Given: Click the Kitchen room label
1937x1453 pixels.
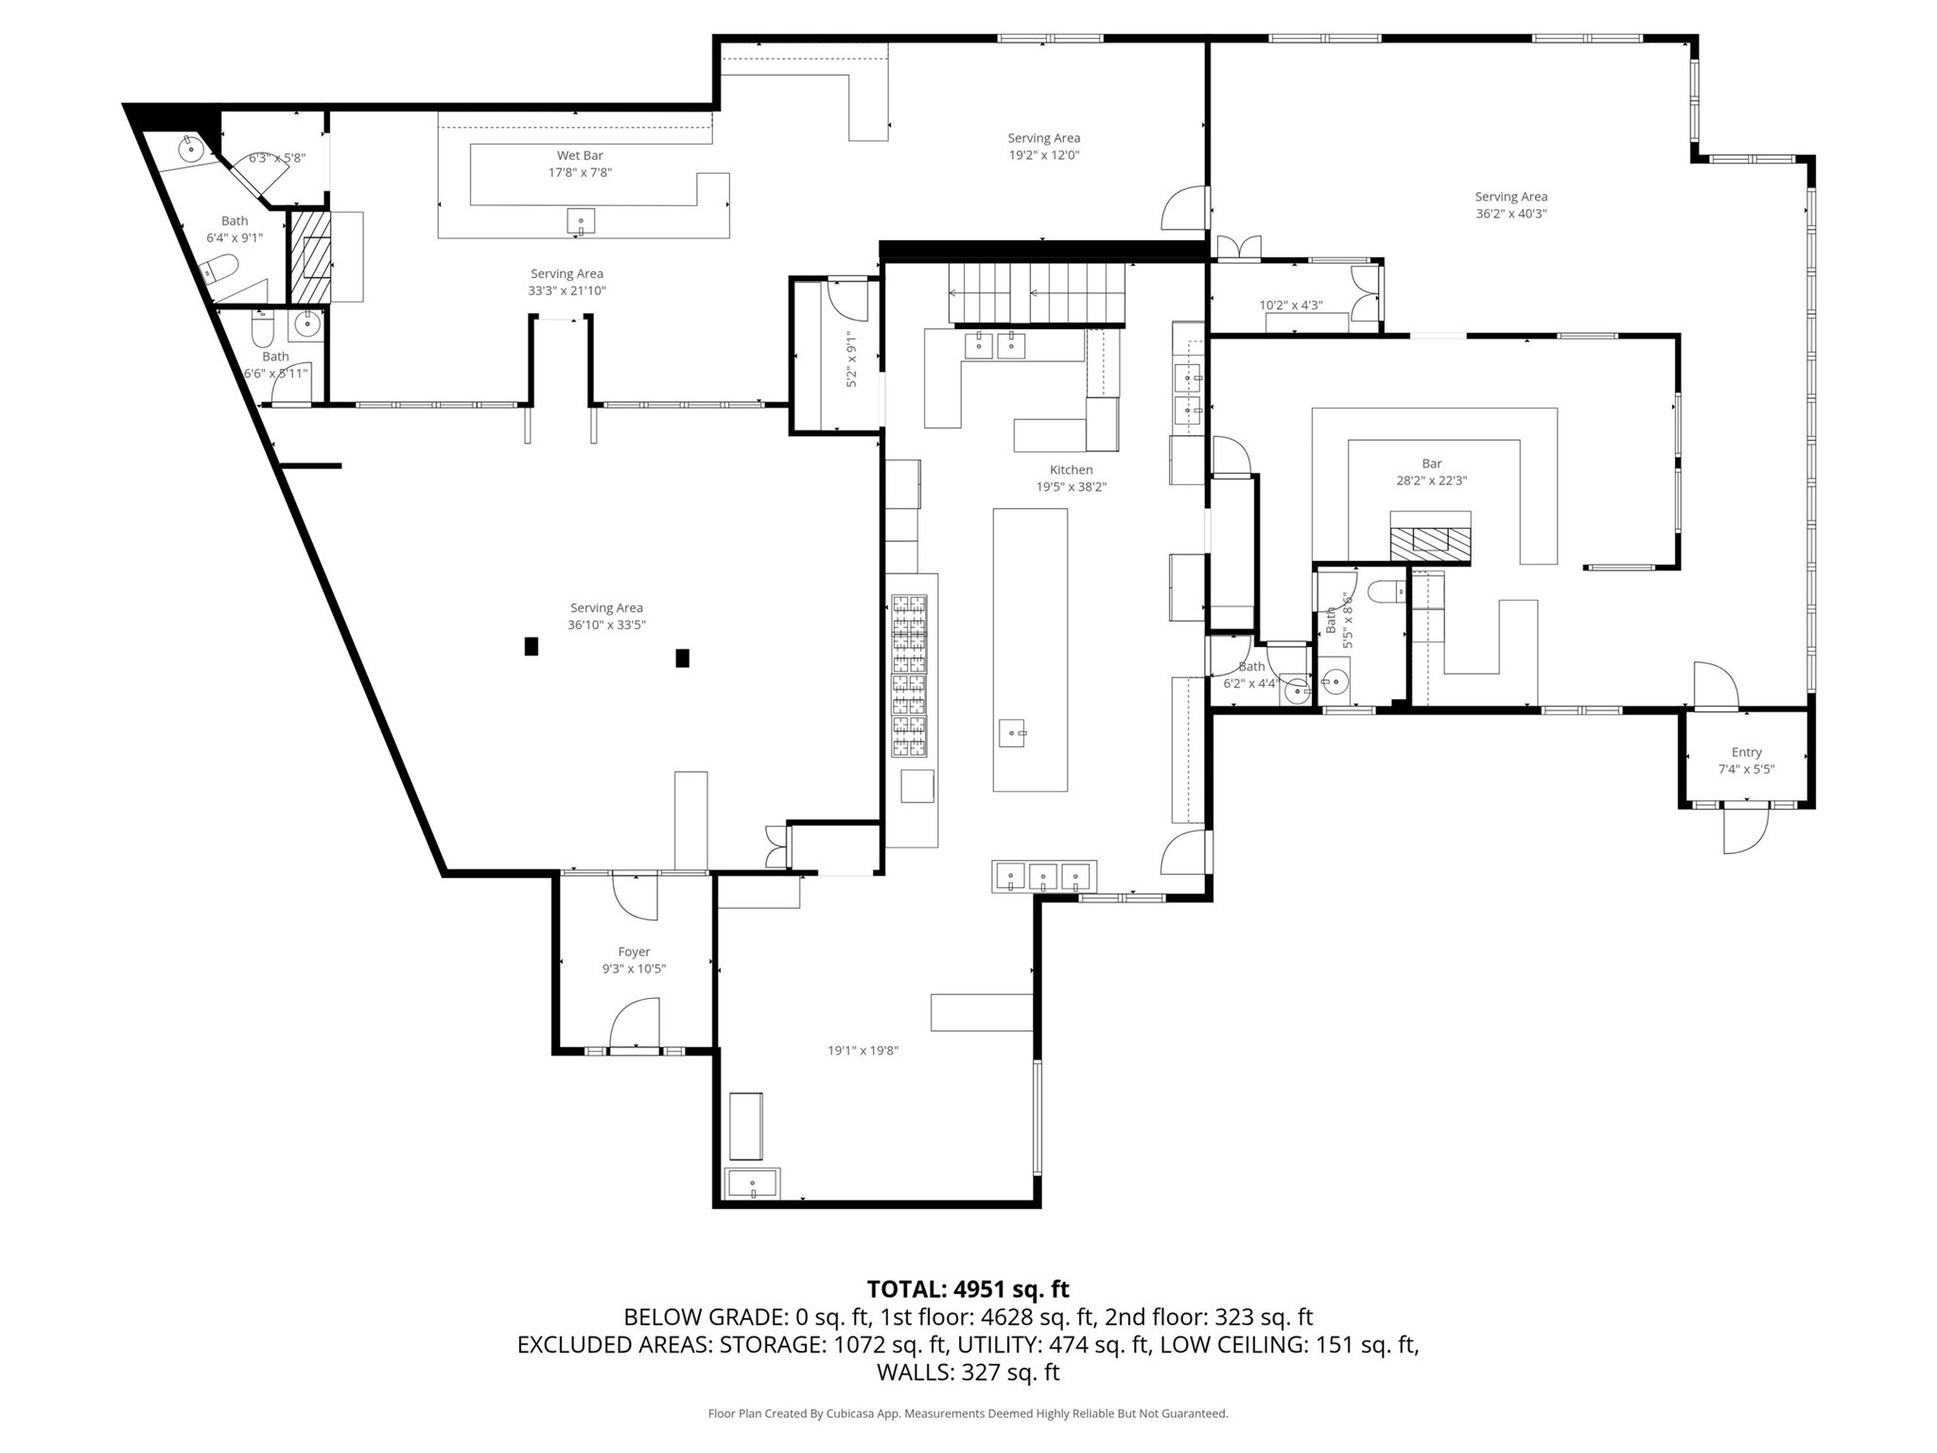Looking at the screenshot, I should tap(1071, 470).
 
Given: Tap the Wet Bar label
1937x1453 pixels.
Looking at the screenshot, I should tap(580, 156).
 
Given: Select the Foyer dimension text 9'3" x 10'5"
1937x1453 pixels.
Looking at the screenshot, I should tap(634, 969).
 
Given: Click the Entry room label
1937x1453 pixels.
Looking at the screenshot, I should tap(1746, 753).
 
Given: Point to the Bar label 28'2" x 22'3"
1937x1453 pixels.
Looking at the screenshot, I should tap(1431, 481).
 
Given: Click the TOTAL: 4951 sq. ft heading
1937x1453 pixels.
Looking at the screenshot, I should tap(968, 1289).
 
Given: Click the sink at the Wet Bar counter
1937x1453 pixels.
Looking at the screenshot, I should tap(581, 221).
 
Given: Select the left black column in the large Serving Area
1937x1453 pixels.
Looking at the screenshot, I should tap(532, 646).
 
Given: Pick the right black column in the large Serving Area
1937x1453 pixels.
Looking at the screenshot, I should tap(682, 657).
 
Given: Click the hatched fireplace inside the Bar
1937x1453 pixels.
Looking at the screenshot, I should tap(1429, 540).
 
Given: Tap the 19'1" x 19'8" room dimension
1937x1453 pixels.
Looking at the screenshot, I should tap(863, 1050).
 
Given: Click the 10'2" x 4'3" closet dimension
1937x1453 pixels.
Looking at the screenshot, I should tap(1290, 306).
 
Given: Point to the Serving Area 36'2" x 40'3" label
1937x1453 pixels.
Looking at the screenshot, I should tap(1510, 205).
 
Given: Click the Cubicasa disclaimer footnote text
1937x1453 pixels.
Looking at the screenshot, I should tap(968, 1413).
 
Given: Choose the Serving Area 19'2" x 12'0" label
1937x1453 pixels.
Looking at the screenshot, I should tap(1043, 147).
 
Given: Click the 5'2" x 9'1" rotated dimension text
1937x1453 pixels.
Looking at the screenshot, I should tap(851, 359).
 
